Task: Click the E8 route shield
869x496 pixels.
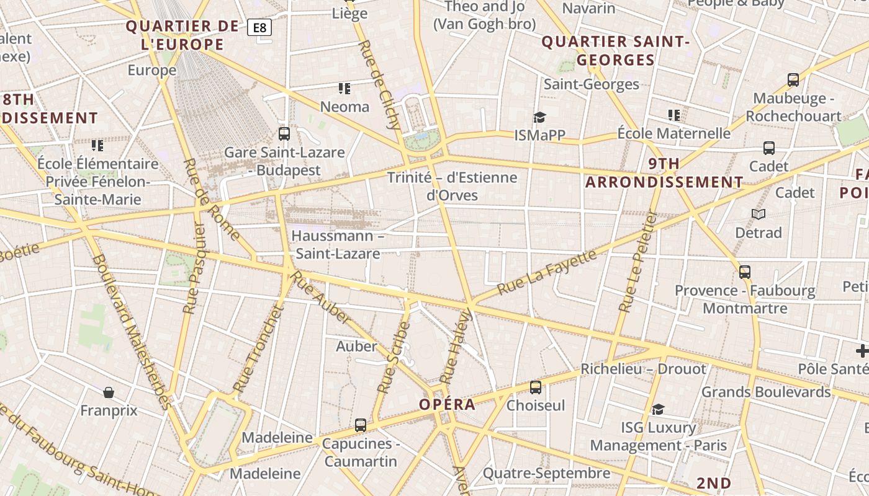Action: click(259, 27)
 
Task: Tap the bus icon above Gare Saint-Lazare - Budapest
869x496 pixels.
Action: click(284, 133)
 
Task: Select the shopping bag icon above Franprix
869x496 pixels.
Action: click(109, 392)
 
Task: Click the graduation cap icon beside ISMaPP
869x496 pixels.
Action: click(539, 117)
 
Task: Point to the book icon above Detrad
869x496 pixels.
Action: click(758, 214)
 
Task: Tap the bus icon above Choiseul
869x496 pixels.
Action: click(535, 387)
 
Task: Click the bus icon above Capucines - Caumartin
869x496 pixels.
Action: click(361, 425)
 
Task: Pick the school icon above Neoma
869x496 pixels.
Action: click(344, 89)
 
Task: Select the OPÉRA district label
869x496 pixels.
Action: click(447, 405)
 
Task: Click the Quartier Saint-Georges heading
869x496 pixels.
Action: click(616, 51)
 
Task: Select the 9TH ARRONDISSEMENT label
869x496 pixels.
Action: click(664, 173)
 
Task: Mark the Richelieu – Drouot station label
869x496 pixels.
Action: click(643, 369)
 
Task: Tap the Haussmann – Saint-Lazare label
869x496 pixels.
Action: click(336, 244)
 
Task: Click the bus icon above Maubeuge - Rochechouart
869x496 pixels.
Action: click(793, 80)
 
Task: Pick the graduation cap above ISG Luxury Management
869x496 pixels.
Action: click(658, 409)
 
